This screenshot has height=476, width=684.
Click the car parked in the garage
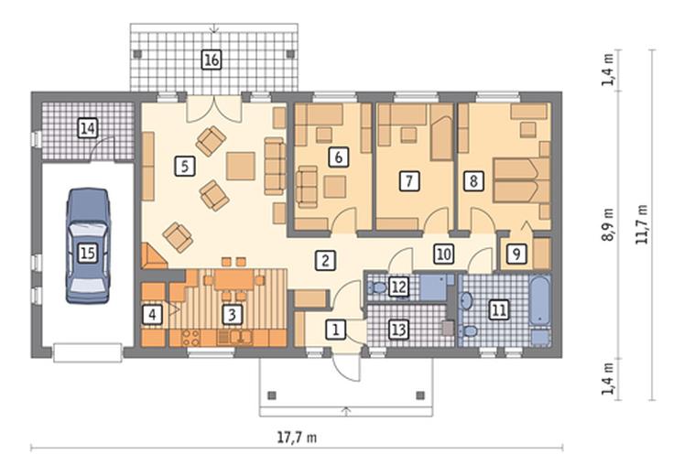(x=88, y=245)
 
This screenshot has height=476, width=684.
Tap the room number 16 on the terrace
(x=212, y=59)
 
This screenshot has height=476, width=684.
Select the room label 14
(x=88, y=128)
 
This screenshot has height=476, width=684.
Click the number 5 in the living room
(x=185, y=166)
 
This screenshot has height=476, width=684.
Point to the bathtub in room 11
(x=539, y=301)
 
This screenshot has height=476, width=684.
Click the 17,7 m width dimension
(x=297, y=437)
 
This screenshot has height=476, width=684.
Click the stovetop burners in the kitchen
(x=190, y=338)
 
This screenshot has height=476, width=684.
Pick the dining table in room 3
(x=233, y=280)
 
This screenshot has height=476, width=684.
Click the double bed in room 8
(x=521, y=180)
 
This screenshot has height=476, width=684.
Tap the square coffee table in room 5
(x=241, y=166)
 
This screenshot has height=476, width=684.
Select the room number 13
(x=398, y=330)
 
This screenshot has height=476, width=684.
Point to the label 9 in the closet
(x=516, y=254)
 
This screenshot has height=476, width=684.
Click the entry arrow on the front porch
(x=347, y=411)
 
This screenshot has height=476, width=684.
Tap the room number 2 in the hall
(x=325, y=260)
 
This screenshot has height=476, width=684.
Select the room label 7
(x=408, y=180)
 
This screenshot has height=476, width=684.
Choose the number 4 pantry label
(x=152, y=314)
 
